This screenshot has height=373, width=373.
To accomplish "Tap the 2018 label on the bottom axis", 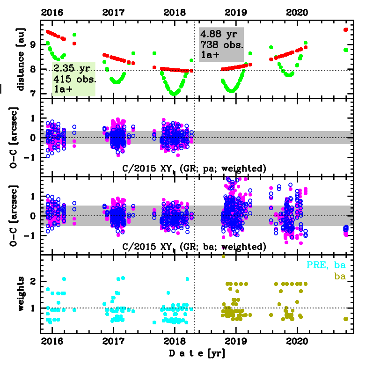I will pos(174,340).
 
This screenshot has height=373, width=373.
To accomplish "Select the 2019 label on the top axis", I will pos(235,13).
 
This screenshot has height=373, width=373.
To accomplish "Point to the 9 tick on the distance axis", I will pos(32,45).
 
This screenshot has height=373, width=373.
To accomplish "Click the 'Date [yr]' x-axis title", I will pos(197,353).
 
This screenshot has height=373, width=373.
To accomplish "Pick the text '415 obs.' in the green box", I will pos(75,79).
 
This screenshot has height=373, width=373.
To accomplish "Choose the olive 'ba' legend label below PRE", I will pos(339,277).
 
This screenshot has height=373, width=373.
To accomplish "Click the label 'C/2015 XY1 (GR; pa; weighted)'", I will pos(194,168).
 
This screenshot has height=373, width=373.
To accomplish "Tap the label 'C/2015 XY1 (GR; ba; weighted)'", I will pos(194,246).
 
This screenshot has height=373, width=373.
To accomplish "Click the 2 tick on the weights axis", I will pos(32,282).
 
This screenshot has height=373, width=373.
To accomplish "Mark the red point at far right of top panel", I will pos(346,29).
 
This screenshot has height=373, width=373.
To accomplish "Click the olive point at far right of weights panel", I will pos(346,319).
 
